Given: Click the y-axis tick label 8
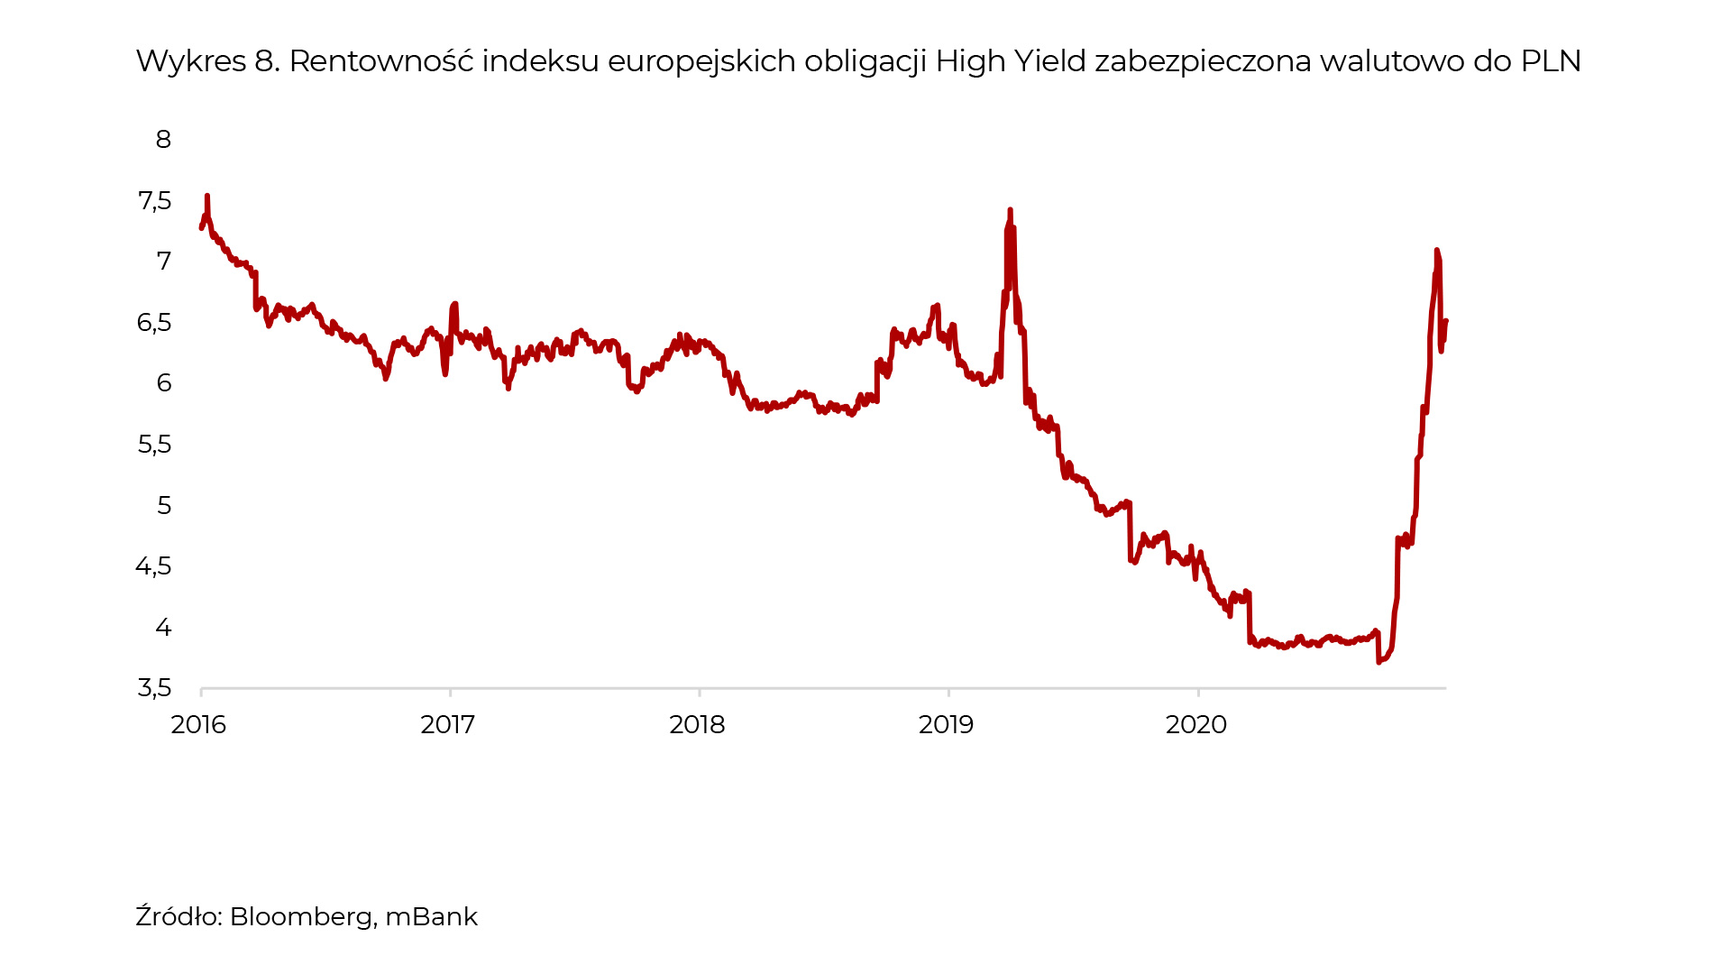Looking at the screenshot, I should point(163,140).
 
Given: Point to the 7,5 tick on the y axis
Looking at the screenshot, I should point(154,201).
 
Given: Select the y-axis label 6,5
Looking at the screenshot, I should point(154,323).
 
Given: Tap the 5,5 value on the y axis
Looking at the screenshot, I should point(154,445).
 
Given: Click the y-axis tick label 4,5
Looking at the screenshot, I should point(153,566).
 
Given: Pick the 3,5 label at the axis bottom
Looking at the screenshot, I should point(154,689).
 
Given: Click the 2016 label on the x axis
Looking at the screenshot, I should point(198,725).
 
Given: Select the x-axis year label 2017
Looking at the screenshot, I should point(448,725).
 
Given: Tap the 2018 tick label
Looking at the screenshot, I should point(697,725).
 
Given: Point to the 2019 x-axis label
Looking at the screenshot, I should point(947,725).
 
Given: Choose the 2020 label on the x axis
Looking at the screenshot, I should point(1196,725).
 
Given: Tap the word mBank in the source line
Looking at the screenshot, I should point(431,917).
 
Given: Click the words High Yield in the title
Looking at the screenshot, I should point(1011,61).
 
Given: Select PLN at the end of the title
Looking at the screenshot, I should point(1551,61).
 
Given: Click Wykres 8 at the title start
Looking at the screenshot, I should point(207,61).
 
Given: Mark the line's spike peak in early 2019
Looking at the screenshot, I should point(1010,210).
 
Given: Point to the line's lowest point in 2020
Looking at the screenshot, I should point(1378,662).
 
